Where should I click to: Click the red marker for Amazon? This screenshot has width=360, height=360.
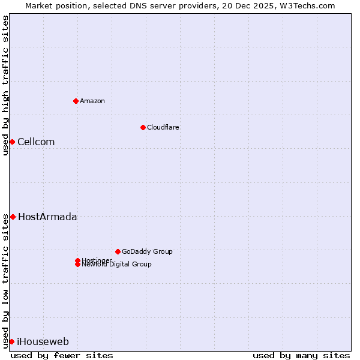click(76, 101)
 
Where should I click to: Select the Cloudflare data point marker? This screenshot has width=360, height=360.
click(143, 127)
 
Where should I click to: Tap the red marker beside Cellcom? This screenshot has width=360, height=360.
click(12, 142)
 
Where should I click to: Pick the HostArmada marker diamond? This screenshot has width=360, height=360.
click(13, 217)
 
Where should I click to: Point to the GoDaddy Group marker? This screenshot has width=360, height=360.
click(118, 251)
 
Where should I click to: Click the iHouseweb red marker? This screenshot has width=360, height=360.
click(11, 341)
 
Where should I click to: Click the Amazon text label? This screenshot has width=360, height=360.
click(92, 101)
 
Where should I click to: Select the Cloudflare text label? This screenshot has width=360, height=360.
click(163, 127)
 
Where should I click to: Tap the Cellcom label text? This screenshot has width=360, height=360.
click(36, 142)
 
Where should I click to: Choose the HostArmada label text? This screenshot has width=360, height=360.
click(47, 217)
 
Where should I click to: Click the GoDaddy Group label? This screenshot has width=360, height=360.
click(147, 251)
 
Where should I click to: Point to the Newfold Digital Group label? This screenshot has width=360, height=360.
click(116, 265)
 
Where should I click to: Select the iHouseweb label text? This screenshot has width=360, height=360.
click(43, 342)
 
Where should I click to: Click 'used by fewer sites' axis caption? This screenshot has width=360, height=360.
click(62, 355)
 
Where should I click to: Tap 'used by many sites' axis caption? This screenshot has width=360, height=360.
click(301, 355)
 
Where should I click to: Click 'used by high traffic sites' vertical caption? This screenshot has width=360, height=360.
click(5, 85)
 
